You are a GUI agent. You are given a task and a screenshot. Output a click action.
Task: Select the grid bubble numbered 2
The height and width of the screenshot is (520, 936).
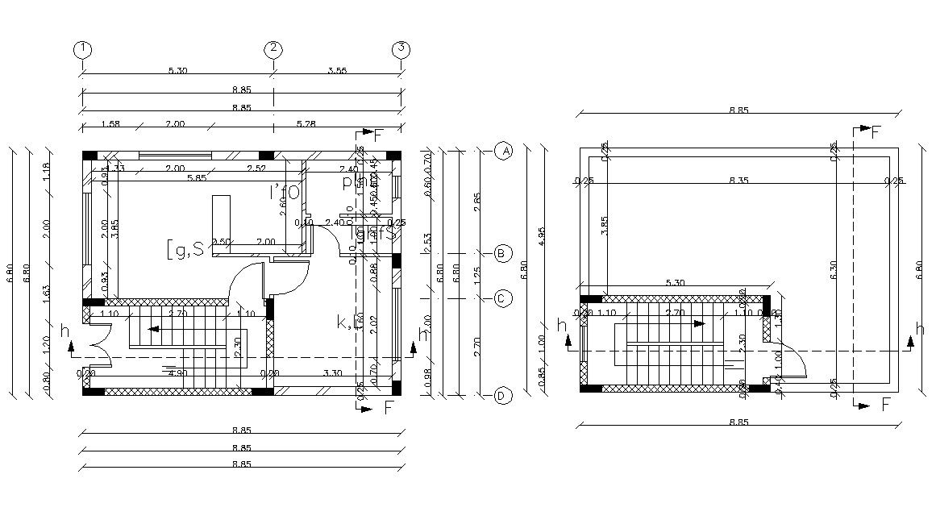[274, 49]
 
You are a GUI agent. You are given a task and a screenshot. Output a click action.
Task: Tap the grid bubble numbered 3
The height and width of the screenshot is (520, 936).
[401, 49]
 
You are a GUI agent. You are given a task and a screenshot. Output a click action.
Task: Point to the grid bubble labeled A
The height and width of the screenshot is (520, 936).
[504, 152]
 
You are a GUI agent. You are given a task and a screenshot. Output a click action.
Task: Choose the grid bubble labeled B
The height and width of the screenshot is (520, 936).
[503, 254]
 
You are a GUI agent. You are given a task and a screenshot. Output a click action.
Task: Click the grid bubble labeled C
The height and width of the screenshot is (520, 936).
[503, 298]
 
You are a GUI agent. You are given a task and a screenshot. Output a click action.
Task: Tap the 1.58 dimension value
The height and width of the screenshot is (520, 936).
[110, 123]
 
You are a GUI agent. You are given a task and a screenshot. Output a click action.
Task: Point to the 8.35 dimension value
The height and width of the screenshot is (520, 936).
[738, 181]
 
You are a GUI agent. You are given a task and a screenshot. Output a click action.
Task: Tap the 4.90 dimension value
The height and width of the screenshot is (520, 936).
[177, 373]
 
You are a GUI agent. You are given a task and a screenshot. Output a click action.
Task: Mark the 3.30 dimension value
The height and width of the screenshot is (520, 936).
[331, 373]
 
